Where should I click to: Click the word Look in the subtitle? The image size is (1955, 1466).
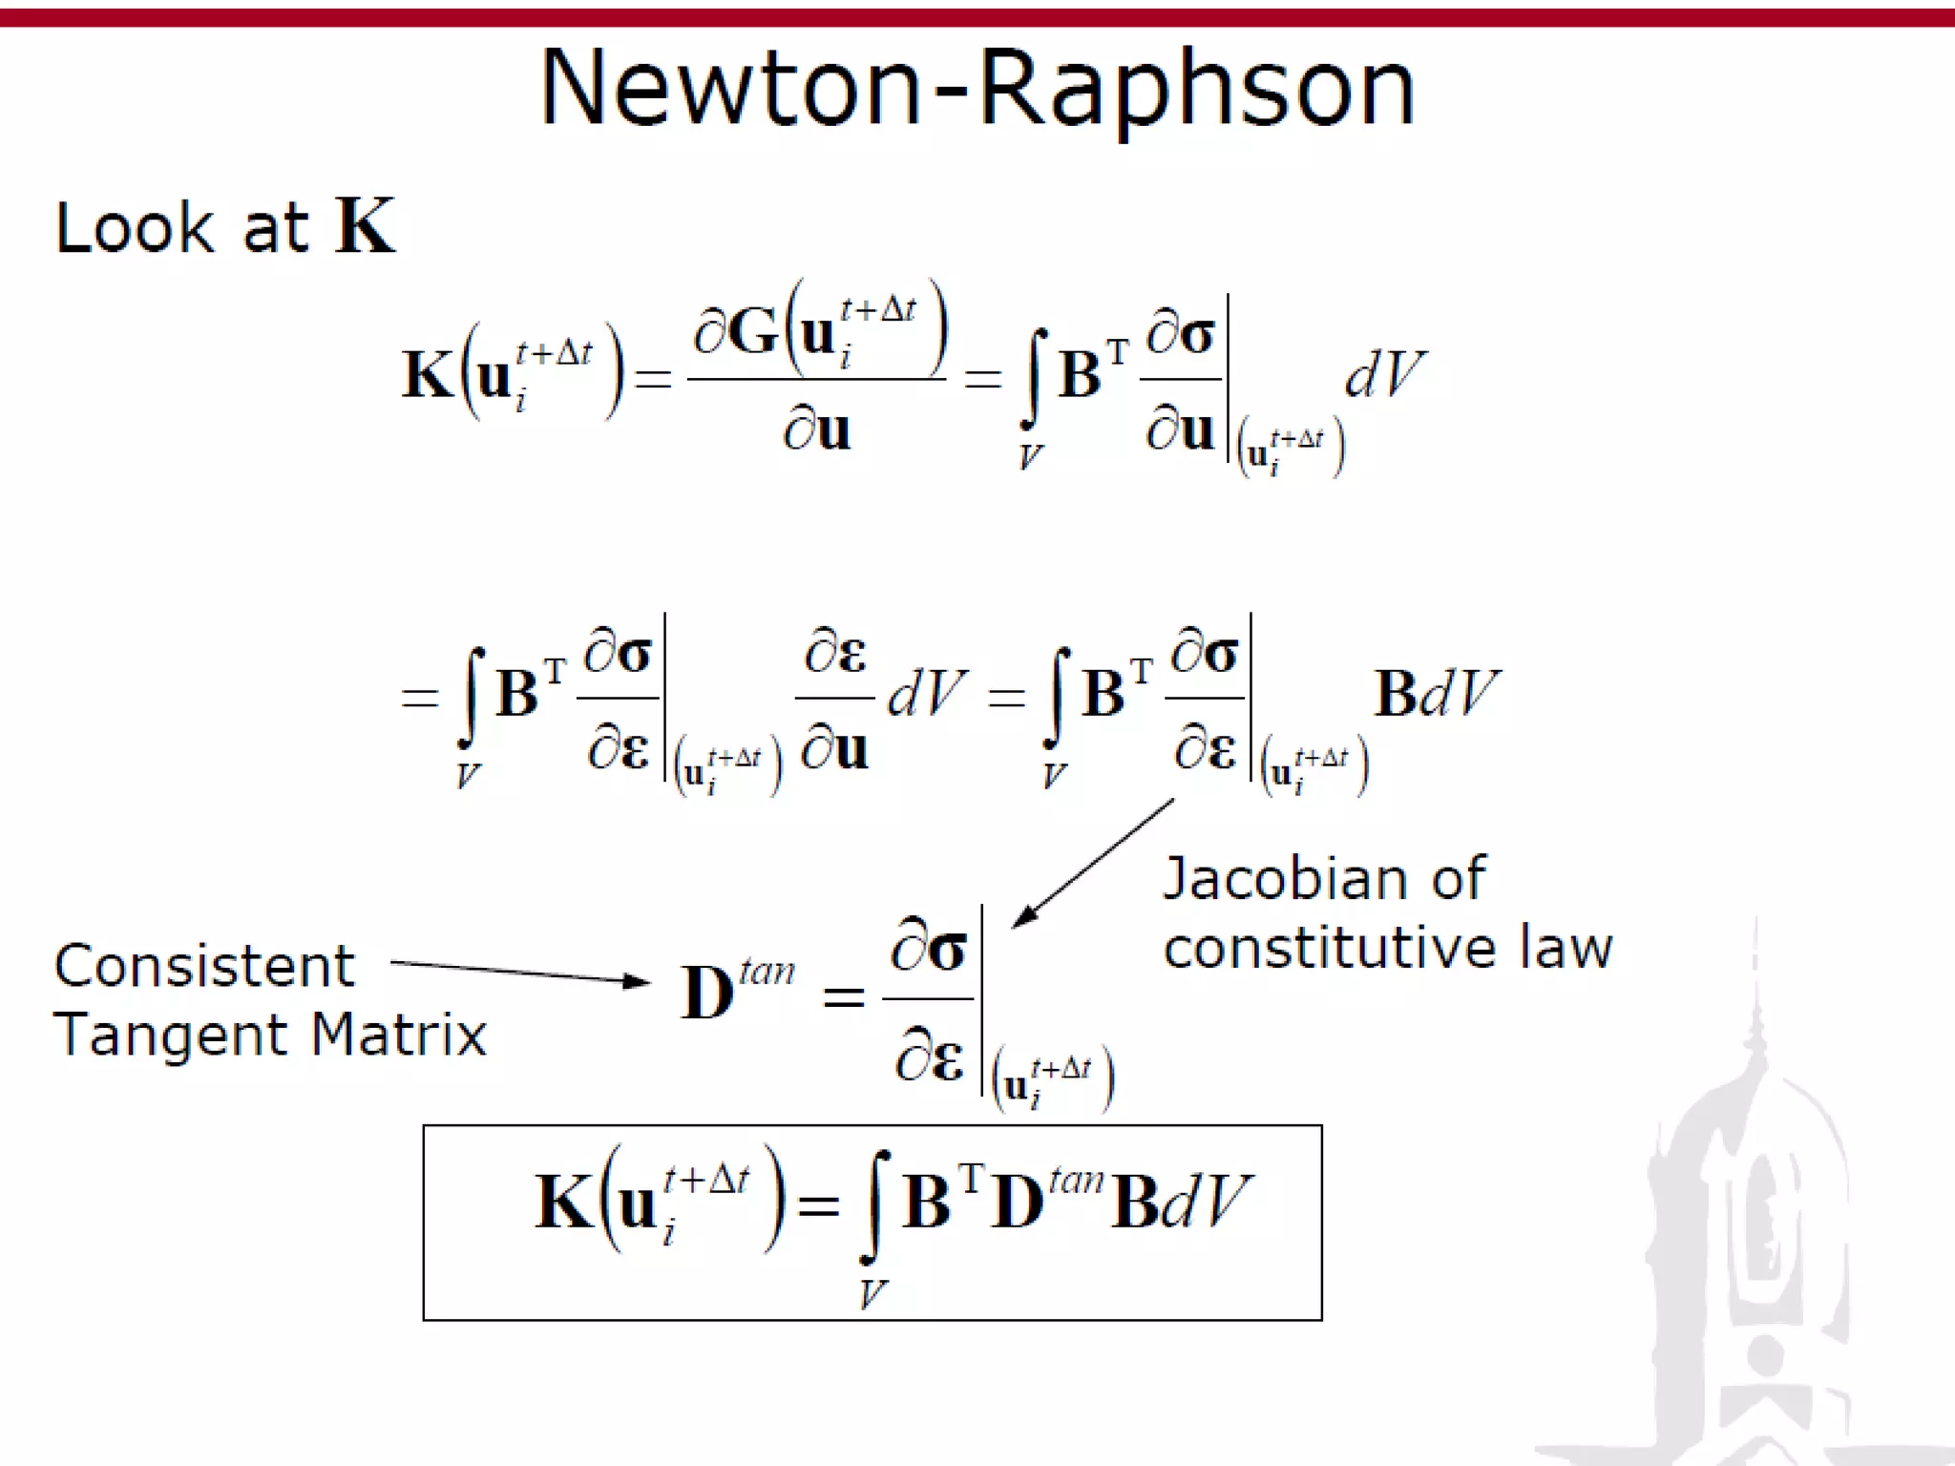135,228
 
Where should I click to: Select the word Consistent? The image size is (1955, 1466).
204,966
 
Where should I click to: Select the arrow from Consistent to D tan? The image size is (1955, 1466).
520,972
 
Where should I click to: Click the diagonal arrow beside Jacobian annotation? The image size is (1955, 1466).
1093,863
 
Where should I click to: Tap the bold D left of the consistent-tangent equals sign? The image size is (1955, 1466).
707,993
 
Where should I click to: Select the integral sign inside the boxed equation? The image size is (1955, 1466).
876,1204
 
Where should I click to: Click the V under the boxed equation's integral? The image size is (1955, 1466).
872,1294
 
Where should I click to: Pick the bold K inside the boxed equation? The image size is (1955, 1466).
563,1202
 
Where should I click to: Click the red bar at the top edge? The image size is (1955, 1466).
977,17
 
